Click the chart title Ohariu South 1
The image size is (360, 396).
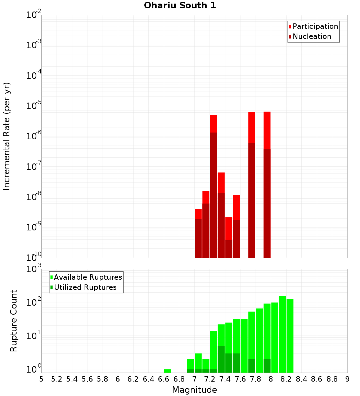[x=180, y=6]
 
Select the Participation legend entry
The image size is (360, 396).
[x=315, y=26]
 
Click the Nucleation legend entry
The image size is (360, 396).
[x=311, y=36]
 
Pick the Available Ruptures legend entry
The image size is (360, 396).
[x=87, y=277]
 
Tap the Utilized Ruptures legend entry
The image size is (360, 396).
[x=85, y=287]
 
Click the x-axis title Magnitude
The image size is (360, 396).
[x=194, y=390]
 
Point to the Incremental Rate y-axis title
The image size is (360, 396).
[x=6, y=136]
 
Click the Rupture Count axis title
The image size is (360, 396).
[x=14, y=321]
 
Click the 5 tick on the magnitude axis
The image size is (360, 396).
[x=41, y=379]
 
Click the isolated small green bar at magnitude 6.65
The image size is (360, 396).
[x=167, y=371]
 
